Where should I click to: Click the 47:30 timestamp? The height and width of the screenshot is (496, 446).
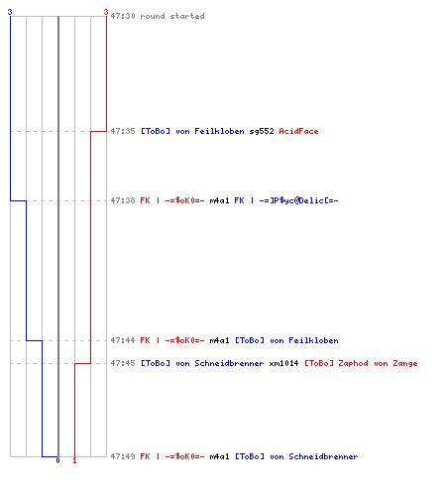[x=123, y=16]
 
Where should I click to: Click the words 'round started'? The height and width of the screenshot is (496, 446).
[x=172, y=16]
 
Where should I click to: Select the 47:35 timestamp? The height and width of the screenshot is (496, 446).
[x=123, y=131]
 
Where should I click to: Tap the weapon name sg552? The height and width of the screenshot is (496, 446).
[x=262, y=131]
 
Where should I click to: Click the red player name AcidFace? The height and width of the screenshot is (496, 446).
[x=298, y=131]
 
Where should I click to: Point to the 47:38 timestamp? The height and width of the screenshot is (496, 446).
[x=123, y=200]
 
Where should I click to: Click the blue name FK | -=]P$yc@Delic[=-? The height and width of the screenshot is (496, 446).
[x=286, y=200]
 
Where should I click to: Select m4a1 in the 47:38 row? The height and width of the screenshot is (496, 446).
[x=219, y=200]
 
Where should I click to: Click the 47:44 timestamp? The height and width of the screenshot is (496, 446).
[x=123, y=340]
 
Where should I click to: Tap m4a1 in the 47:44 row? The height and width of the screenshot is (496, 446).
[x=219, y=340]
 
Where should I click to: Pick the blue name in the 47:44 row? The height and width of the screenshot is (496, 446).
[x=286, y=340]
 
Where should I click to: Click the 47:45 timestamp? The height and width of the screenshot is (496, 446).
[x=123, y=363]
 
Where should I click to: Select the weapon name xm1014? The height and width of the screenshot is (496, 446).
[x=283, y=363]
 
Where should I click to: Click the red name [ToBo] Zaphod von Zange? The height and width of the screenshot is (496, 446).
[x=361, y=363]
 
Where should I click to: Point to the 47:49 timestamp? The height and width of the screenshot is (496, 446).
[x=123, y=456]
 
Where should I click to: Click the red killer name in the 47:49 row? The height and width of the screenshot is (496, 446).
[x=172, y=456]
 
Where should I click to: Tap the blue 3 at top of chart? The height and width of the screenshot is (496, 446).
[x=10, y=12]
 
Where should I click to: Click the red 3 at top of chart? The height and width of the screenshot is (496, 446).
[x=106, y=12]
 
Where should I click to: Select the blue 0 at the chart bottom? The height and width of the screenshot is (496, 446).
[x=57, y=460]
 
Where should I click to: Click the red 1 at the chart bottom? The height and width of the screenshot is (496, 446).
[x=74, y=460]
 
